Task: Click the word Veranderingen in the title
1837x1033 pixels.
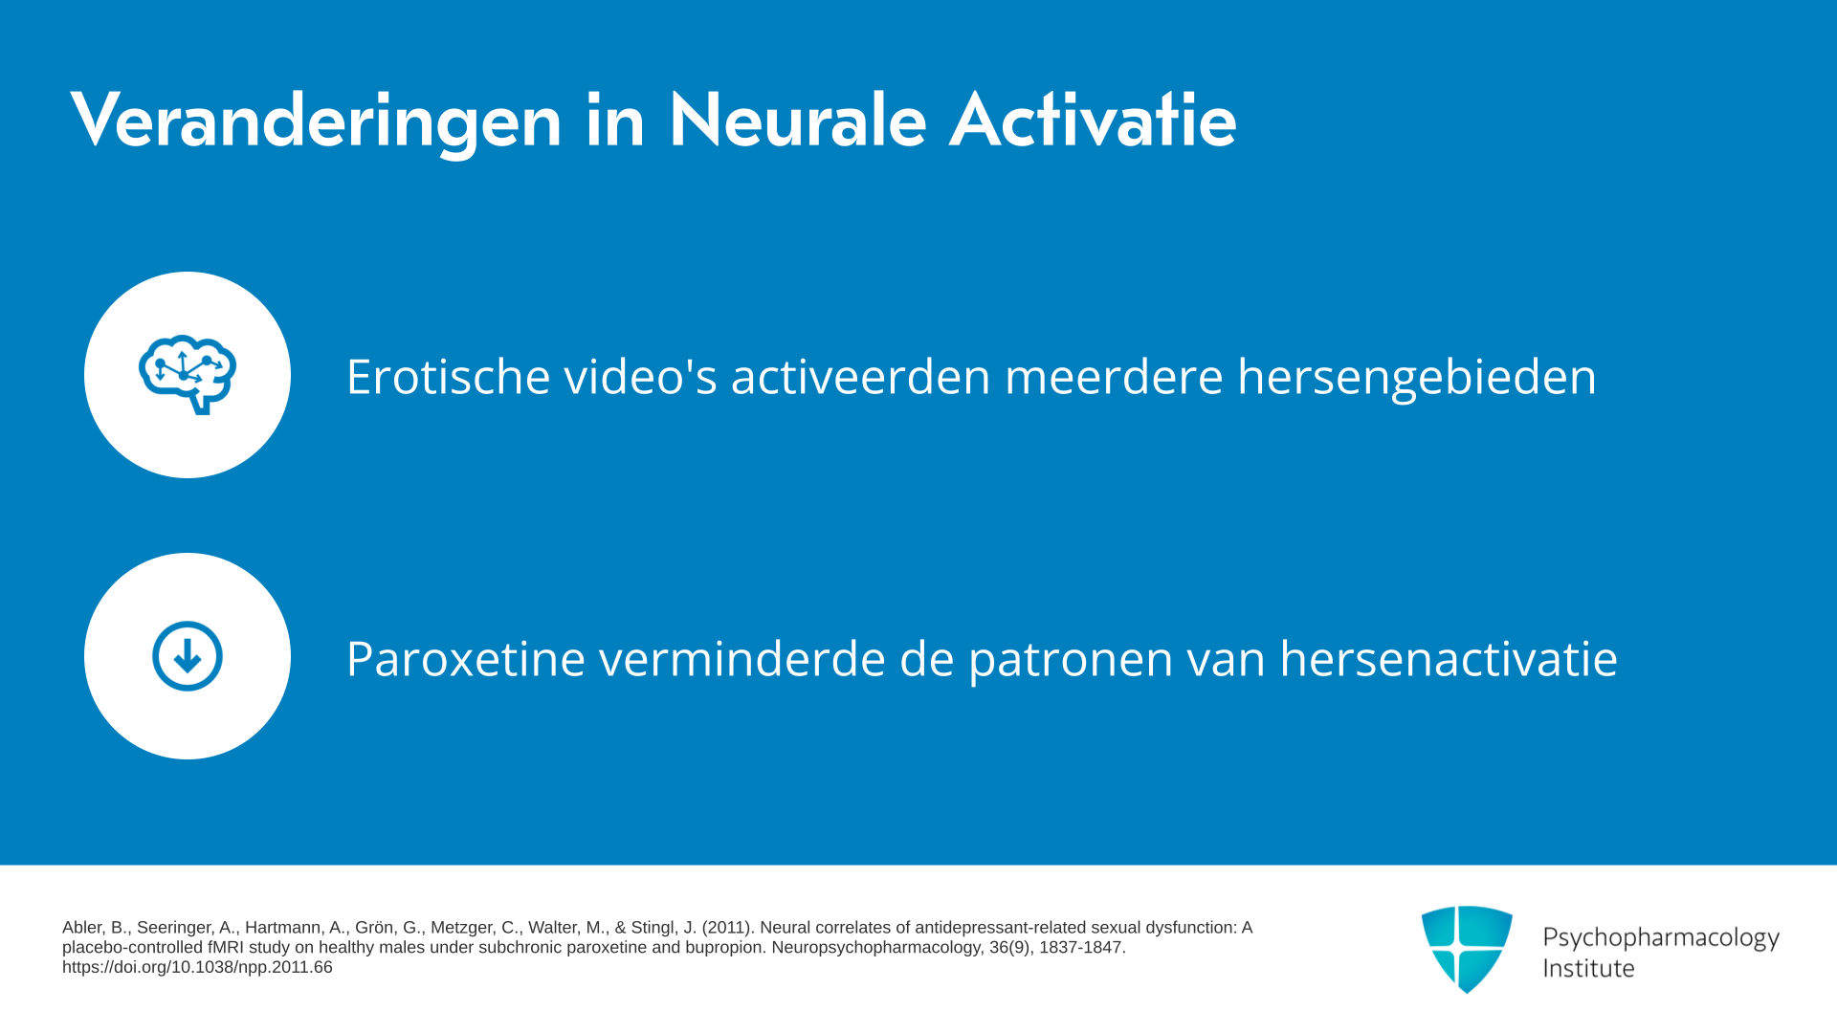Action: tap(316, 121)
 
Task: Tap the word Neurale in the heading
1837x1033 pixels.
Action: tap(797, 120)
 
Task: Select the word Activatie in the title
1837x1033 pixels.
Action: tap(1093, 120)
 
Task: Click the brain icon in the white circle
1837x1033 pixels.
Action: tap(188, 375)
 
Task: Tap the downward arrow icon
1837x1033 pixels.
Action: tap(188, 656)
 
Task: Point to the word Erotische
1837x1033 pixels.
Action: tap(448, 376)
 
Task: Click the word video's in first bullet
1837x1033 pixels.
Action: tap(640, 376)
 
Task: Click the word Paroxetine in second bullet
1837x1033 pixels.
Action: tap(466, 659)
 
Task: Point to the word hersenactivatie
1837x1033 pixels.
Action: tap(1449, 658)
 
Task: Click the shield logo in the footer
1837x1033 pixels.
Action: tap(1467, 949)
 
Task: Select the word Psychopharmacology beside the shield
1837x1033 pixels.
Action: tap(1661, 938)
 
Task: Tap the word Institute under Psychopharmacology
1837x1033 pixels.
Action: tap(1588, 968)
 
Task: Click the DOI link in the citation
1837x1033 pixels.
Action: tap(197, 967)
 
